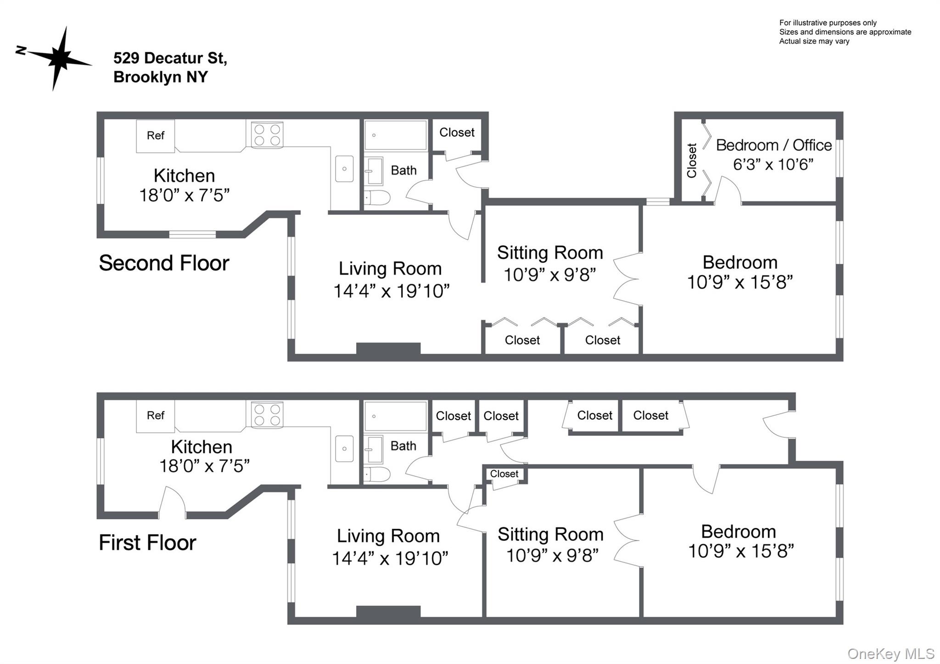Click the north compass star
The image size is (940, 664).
coord(59,58)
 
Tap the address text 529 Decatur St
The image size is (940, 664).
coord(170,58)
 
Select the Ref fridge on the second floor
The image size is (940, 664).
coord(156,136)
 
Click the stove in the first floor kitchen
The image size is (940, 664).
coord(267,415)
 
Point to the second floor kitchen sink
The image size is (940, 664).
coord(344,168)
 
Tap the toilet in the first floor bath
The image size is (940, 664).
coord(377,474)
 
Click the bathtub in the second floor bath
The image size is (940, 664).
coord(396,135)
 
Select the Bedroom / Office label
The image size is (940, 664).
coord(774,145)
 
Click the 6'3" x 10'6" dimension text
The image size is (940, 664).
coord(773,164)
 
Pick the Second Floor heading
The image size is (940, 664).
coord(164,263)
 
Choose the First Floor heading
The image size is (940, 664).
coord(147,542)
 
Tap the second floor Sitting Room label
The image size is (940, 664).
coord(550,253)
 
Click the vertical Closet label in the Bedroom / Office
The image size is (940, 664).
coord(692,161)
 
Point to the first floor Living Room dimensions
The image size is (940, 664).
coord(390,558)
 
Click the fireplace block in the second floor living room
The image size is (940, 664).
coord(388,349)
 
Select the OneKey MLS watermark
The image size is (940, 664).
coord(891,653)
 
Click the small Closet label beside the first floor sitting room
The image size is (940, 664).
coord(504,474)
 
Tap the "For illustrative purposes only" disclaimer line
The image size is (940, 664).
coord(828,23)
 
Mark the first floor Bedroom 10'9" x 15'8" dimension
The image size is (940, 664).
coord(741,551)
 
